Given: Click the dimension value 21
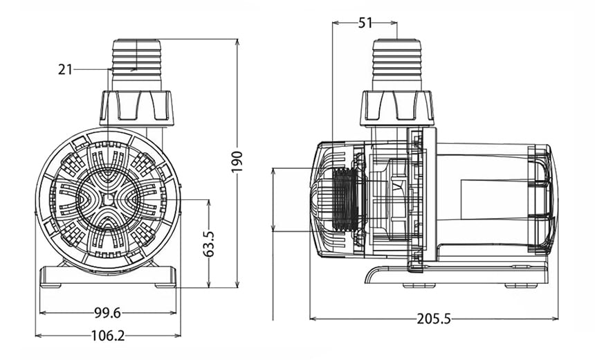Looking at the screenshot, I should tap(65, 69).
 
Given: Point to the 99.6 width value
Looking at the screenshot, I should tap(107, 313).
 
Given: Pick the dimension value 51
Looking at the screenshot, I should tap(365, 23).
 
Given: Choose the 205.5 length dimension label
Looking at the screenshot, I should tap(434, 319).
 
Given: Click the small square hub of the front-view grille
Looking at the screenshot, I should tap(107, 199).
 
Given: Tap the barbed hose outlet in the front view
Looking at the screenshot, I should tap(136, 65).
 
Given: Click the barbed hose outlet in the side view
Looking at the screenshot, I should tap(397, 65).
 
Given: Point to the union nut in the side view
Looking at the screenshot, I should tap(397, 108).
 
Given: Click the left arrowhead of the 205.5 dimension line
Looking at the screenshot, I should tap(312, 319).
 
